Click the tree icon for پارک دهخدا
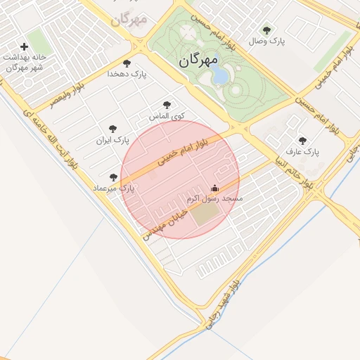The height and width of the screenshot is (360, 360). (127, 63)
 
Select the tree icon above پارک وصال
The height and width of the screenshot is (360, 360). (266, 30)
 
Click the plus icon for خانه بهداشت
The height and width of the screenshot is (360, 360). (25, 47)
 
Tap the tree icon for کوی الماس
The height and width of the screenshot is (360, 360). (167, 105)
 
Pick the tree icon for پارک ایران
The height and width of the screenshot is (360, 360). (112, 129)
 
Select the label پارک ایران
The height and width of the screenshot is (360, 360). (112, 140)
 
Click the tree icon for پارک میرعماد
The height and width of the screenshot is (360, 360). (113, 177)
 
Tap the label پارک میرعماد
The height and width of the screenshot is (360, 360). (112, 188)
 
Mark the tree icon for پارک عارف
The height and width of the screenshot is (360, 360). (303, 141)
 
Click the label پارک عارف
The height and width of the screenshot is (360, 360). (302, 152)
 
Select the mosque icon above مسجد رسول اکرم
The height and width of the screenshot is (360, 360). (214, 188)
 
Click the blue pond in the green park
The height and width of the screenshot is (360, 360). (220, 74)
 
